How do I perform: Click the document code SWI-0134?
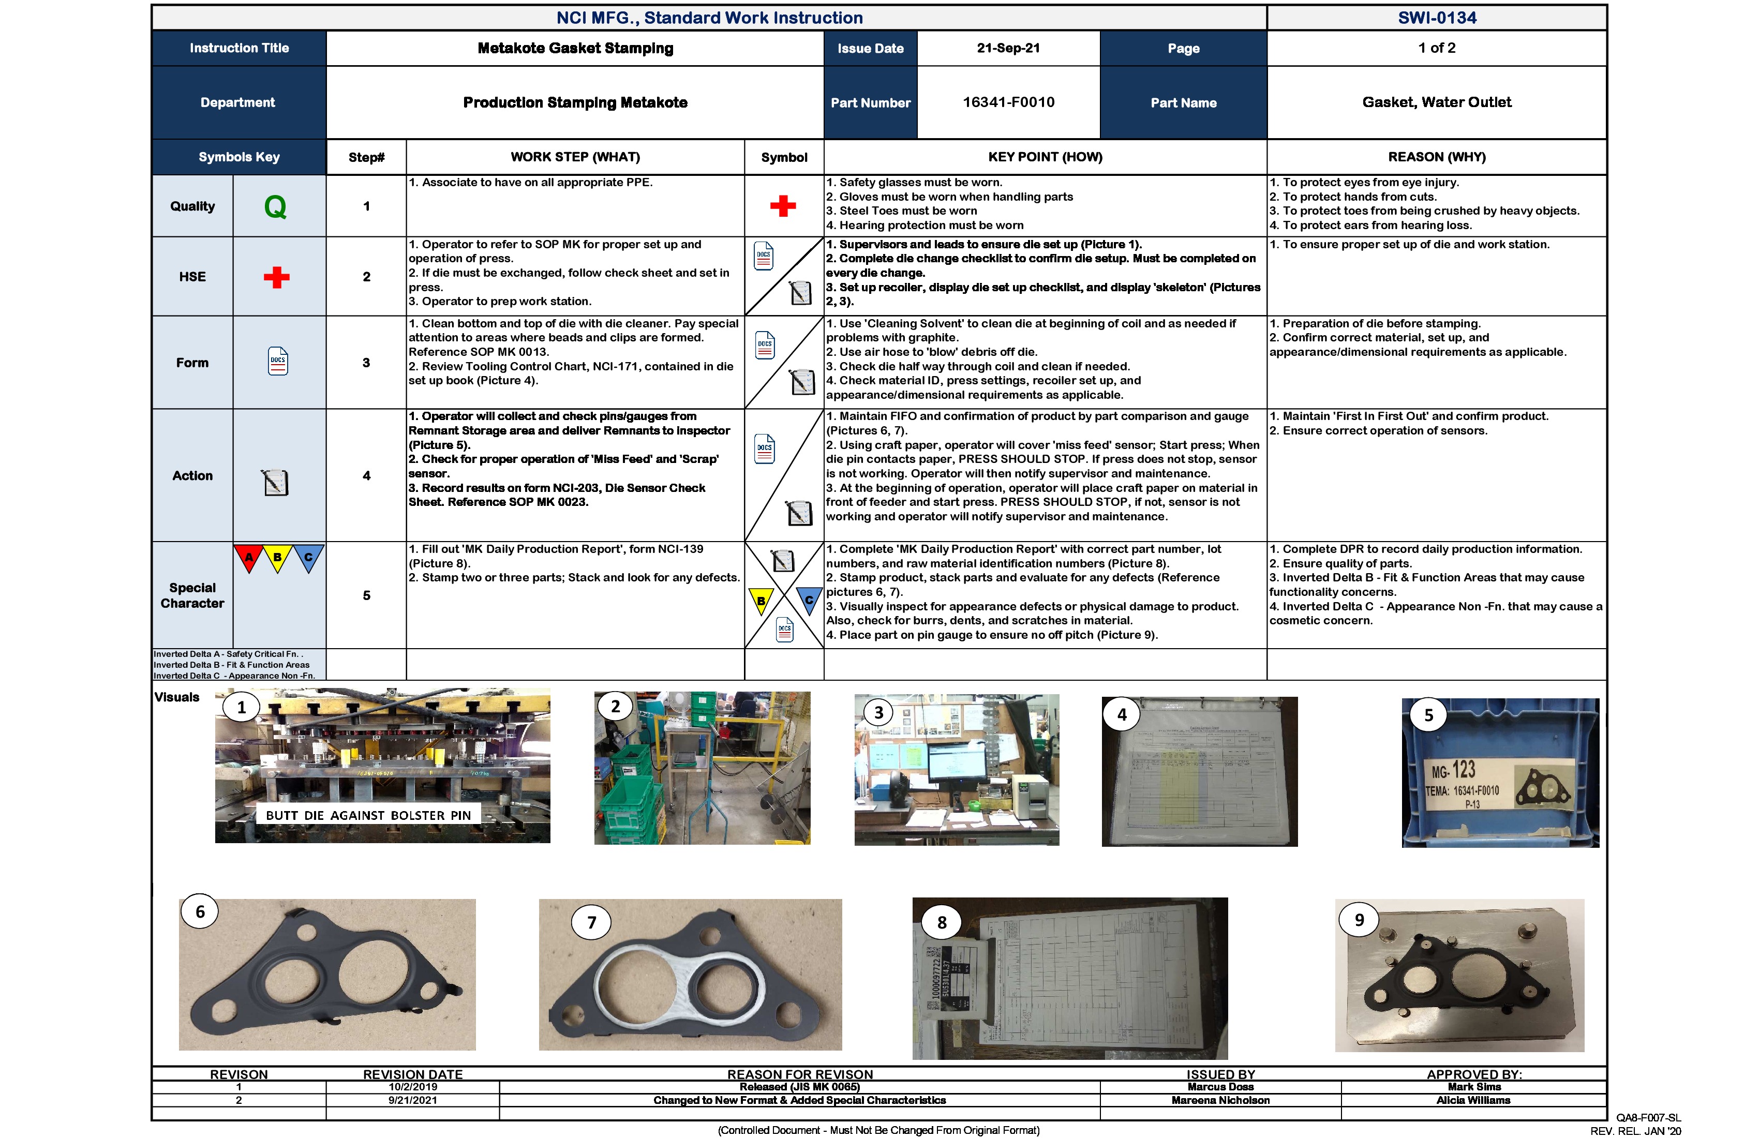click(1436, 18)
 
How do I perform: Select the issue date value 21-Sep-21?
click(1008, 48)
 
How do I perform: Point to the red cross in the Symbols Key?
click(276, 277)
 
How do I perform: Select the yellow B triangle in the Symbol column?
click(761, 600)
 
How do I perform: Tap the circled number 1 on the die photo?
click(241, 707)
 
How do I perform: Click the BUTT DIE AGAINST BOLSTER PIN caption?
click(368, 815)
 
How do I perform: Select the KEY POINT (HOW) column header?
click(1045, 157)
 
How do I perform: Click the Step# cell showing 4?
click(367, 476)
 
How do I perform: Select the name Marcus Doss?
click(1220, 1087)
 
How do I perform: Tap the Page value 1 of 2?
click(1436, 48)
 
